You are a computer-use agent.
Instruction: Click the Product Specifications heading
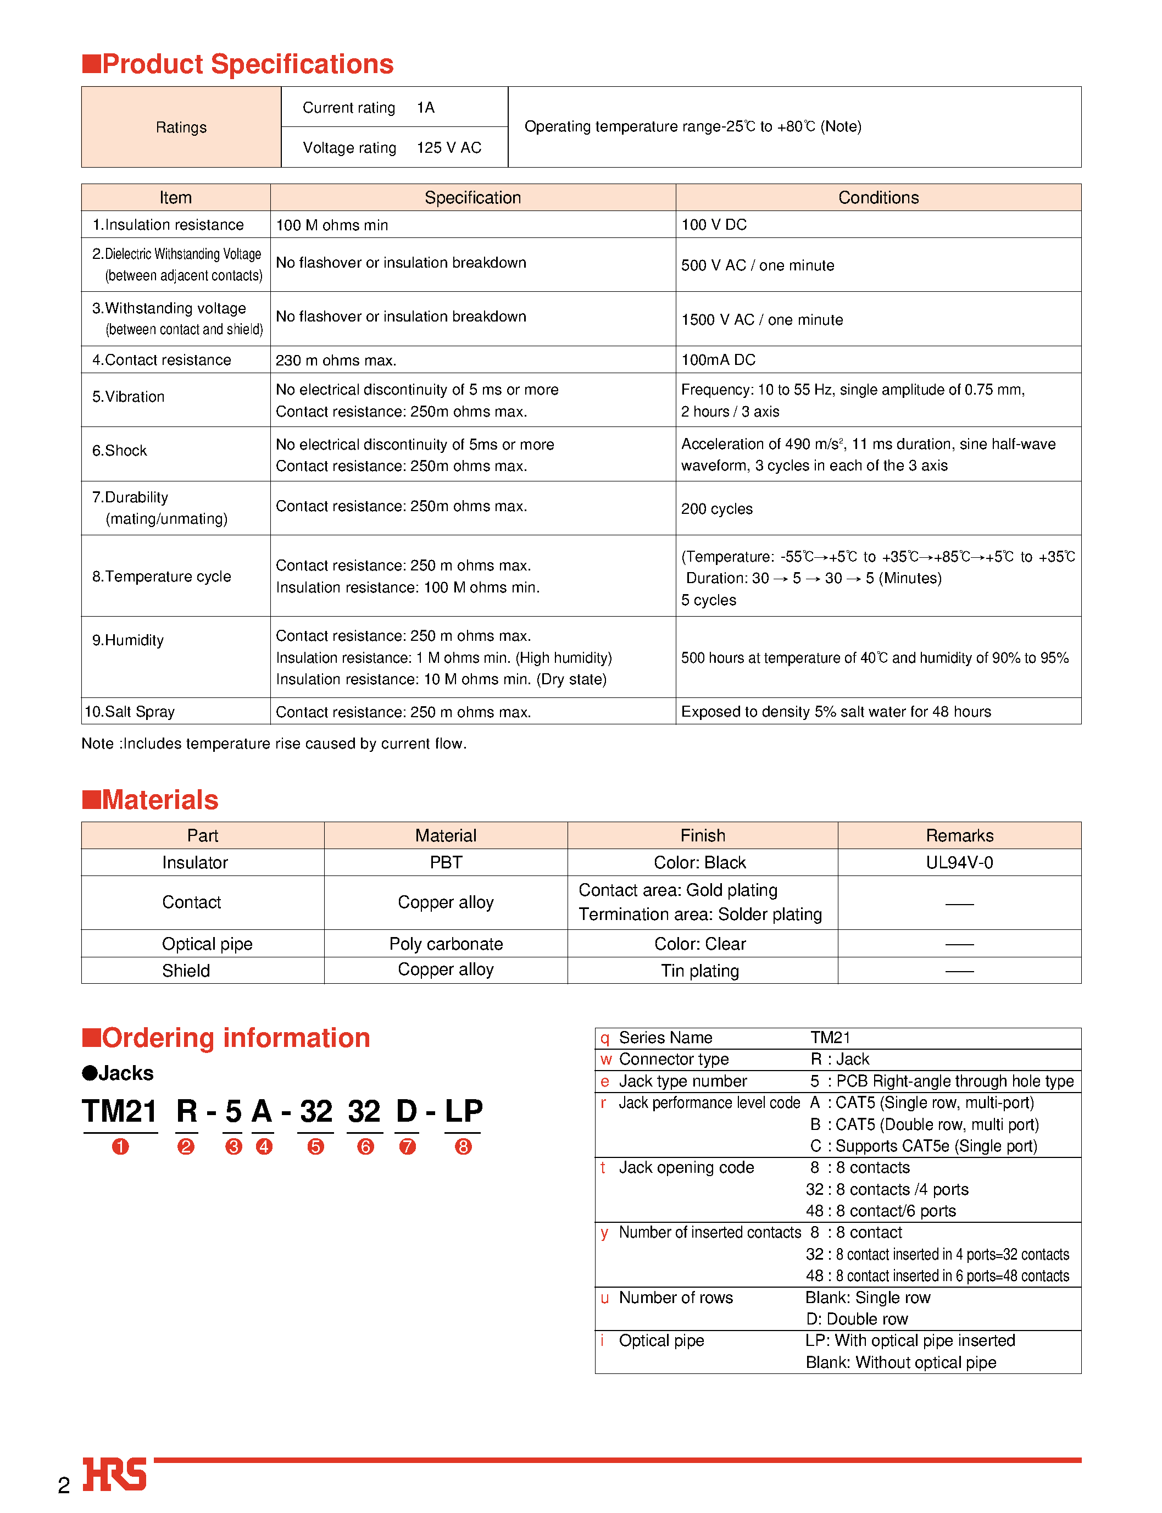[x=247, y=64]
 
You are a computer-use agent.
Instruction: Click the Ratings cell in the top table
[x=181, y=128]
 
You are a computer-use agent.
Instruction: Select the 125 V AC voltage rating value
[x=448, y=147]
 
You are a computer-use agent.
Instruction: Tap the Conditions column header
[x=878, y=198]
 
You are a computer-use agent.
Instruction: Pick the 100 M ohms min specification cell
[x=332, y=225]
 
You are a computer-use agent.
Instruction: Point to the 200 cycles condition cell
[x=716, y=508]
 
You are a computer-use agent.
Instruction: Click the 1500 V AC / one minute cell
[x=761, y=320]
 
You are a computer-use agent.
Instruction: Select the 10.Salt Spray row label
[x=129, y=711]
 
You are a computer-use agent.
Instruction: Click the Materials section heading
[x=159, y=800]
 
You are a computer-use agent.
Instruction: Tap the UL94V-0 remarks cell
[x=959, y=863]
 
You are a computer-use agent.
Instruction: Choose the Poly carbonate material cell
[x=446, y=944]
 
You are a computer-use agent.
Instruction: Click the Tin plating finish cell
[x=699, y=971]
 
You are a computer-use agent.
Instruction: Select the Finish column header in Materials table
[x=702, y=836]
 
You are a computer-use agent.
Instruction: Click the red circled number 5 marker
[x=315, y=1146]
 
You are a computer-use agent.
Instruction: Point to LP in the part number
[x=463, y=1112]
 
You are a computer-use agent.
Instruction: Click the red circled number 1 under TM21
[x=120, y=1146]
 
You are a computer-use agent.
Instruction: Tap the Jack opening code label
[x=686, y=1167]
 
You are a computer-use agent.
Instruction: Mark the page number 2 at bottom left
[x=64, y=1486]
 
